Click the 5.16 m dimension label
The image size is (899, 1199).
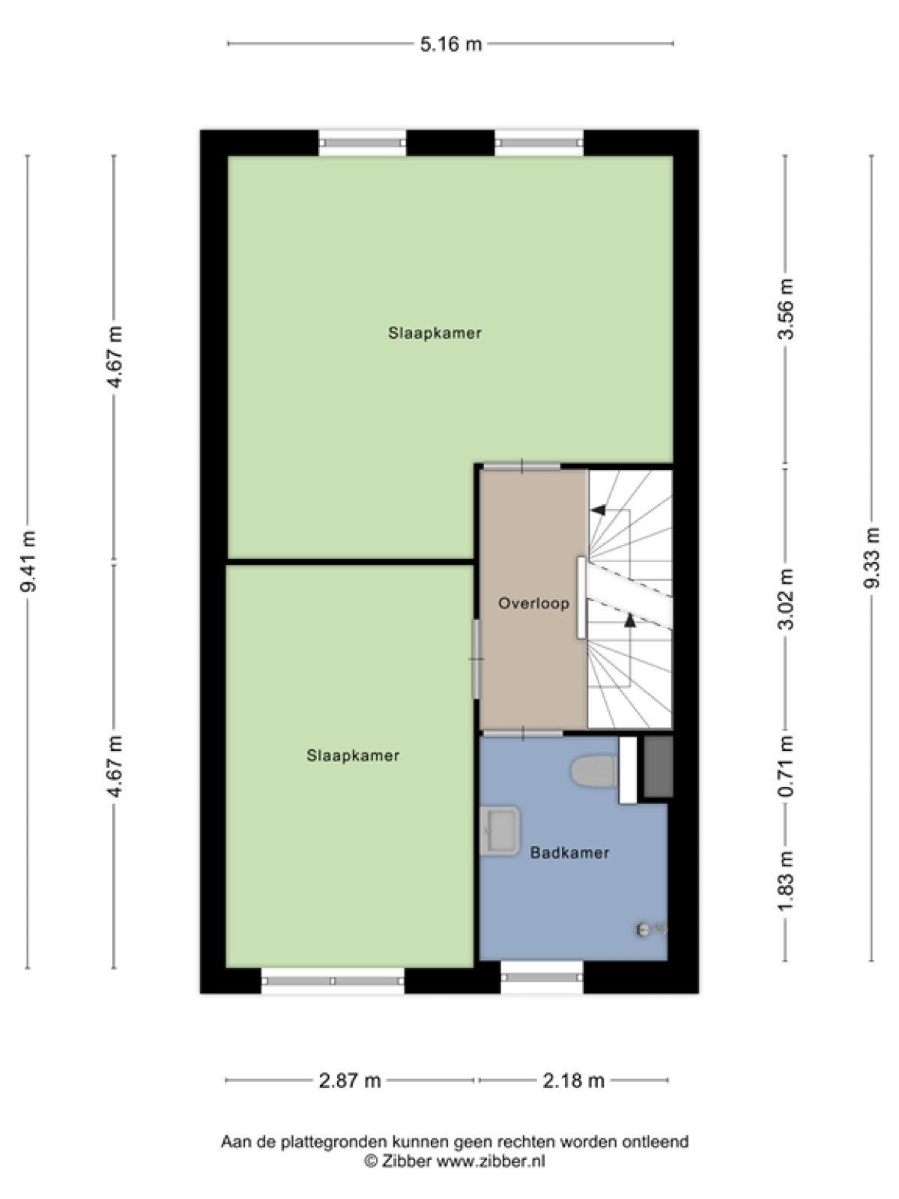point(450,43)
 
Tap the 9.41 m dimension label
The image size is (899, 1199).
point(28,561)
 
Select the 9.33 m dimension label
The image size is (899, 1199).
point(872,558)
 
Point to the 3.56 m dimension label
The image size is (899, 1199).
point(785,309)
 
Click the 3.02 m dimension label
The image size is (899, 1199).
point(785,599)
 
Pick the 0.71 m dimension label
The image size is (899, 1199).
point(785,766)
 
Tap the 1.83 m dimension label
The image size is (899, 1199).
point(785,881)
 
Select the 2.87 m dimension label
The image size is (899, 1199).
point(349,1081)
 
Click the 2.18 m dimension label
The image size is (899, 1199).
point(573,1081)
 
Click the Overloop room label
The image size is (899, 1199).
point(533,603)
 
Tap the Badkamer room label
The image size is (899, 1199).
point(569,853)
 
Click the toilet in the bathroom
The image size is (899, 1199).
point(594,771)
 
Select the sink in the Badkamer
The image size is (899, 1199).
point(500,831)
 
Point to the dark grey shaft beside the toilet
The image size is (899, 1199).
point(659,767)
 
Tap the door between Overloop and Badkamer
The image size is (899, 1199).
point(522,733)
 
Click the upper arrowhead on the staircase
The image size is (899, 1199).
point(599,510)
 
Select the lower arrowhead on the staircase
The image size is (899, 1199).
point(630,620)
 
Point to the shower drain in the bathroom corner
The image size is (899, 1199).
point(643,929)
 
